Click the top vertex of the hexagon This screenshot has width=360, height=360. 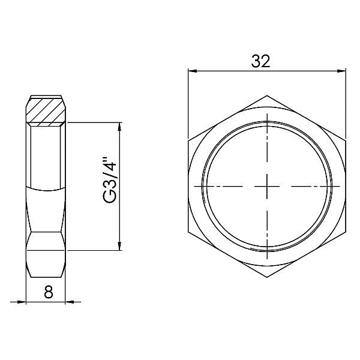click(267, 94)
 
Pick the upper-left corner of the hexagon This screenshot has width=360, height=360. click(188, 140)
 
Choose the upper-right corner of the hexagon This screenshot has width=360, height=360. click(346, 140)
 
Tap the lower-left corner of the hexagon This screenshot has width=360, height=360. click(188, 232)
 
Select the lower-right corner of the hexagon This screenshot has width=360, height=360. click(346, 232)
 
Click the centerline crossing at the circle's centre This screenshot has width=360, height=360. click(267, 186)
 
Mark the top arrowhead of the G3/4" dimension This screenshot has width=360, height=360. click(121, 126)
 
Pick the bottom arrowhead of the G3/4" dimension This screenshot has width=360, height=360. click(121, 247)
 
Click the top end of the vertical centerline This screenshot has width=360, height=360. click(267, 114)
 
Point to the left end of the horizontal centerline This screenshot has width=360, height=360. click(195, 186)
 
